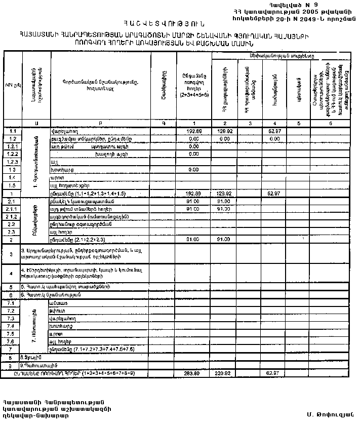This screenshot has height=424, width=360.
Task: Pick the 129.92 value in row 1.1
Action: pyautogui.click(x=223, y=131)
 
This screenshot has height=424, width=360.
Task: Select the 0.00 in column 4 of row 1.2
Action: pyautogui.click(x=274, y=138)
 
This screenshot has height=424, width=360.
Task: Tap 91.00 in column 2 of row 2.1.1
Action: pyautogui.click(x=223, y=209)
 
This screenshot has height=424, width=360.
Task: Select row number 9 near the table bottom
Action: pyautogui.click(x=11, y=365)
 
